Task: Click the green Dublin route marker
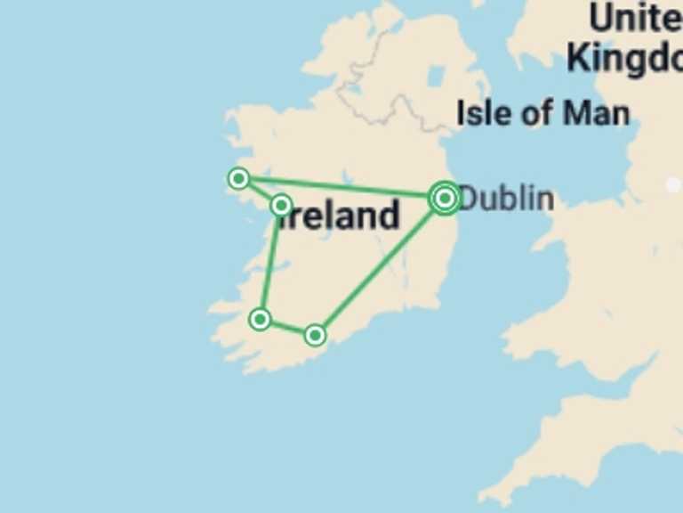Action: pos(445,199)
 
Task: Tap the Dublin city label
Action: pos(505,199)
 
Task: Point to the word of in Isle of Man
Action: pos(541,113)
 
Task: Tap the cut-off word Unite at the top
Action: pos(635,18)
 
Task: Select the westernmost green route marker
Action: pos(238,179)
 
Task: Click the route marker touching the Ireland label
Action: pos(281,206)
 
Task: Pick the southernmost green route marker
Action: pos(315,335)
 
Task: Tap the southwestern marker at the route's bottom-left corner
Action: pos(260,319)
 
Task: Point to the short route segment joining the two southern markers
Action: pos(287,327)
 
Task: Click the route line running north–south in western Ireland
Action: pos(270,263)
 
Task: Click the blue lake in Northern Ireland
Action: pos(436,77)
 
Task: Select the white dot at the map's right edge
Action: pos(673,185)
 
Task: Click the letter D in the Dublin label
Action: pos(467,199)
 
